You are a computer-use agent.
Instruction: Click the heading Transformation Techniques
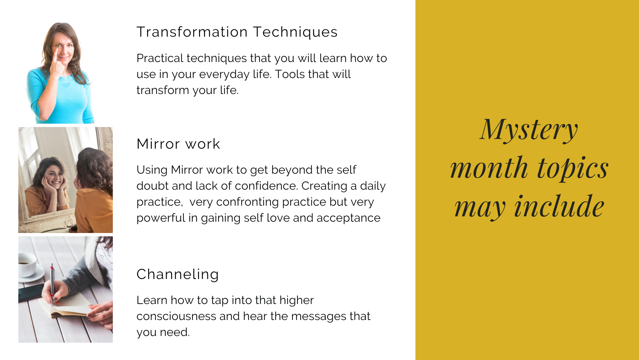(237, 32)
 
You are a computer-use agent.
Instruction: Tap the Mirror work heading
(178, 144)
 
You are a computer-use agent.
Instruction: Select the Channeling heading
(178, 274)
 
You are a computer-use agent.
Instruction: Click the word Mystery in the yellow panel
(529, 130)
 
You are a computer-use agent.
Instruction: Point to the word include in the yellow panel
(559, 207)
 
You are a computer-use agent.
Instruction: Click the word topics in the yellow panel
(573, 169)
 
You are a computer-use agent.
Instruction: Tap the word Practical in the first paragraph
(160, 58)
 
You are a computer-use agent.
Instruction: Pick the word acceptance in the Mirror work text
(348, 218)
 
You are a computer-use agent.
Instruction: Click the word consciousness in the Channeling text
(176, 316)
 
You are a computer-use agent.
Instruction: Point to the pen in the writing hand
(52, 283)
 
